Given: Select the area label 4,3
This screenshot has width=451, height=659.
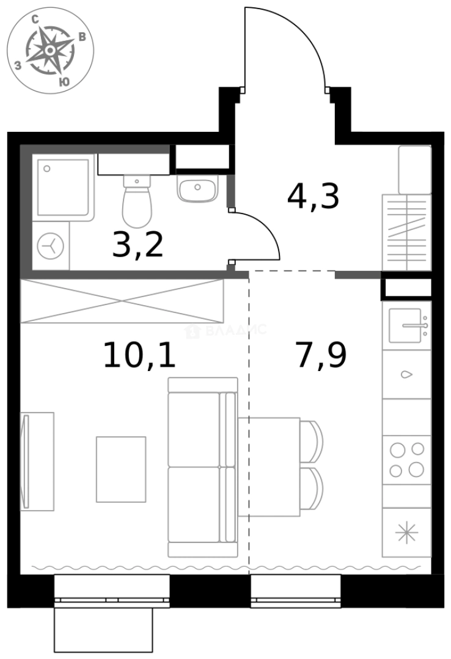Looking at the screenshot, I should pyautogui.click(x=312, y=196).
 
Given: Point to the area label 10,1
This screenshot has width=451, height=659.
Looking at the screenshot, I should pyautogui.click(x=139, y=355).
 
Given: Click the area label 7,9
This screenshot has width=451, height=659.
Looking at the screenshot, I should pyautogui.click(x=321, y=355).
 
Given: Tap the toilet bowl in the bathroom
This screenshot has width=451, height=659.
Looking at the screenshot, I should pyautogui.click(x=137, y=203).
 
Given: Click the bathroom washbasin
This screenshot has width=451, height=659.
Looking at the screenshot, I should pyautogui.click(x=197, y=188).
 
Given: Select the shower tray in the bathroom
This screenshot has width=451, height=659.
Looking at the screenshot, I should pyautogui.click(x=64, y=187).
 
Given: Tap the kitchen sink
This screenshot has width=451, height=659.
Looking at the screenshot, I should pyautogui.click(x=406, y=326).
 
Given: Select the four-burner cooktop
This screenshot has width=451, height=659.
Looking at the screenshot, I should pyautogui.click(x=406, y=459).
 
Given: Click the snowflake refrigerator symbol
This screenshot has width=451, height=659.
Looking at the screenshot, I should pyautogui.click(x=406, y=533).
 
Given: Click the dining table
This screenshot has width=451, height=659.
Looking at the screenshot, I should pyautogui.click(x=269, y=466).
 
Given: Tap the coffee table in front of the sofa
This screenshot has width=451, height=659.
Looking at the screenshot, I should pyautogui.click(x=121, y=469).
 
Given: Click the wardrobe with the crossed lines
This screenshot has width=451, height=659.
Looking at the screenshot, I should pyautogui.click(x=122, y=301).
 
